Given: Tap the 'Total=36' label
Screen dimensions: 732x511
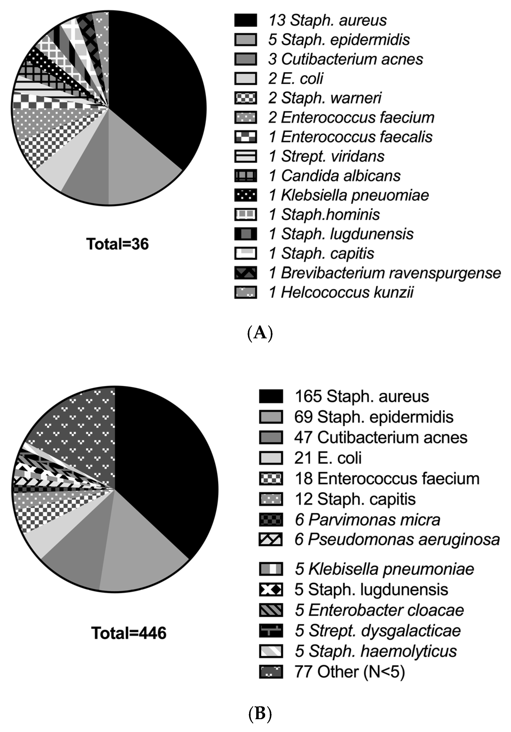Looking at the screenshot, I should [x=118, y=244].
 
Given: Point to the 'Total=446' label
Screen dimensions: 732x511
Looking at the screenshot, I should [x=129, y=633].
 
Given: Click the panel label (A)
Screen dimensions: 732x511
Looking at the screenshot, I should [x=260, y=333].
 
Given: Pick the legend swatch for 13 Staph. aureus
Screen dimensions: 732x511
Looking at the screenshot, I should [x=245, y=20].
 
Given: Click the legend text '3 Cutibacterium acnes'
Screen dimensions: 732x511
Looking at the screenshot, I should [x=346, y=59].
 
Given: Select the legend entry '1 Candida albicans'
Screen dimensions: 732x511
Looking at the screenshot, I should [x=335, y=176].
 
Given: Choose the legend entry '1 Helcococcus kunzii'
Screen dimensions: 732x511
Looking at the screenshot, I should [x=341, y=292].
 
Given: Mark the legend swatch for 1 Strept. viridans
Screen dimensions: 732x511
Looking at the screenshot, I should [x=245, y=156].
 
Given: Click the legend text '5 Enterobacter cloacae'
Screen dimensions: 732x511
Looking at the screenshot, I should [x=379, y=610].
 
